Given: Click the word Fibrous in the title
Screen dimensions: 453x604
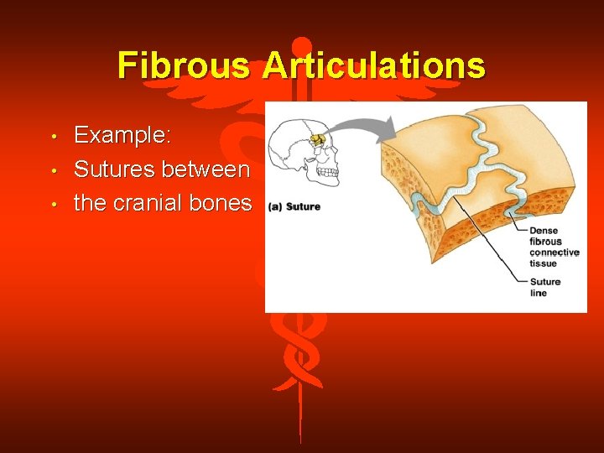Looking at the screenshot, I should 184,65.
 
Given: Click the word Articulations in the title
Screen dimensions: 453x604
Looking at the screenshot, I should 374,65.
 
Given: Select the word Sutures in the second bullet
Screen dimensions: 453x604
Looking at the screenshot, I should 114,169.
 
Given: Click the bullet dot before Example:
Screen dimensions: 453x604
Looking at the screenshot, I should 53,137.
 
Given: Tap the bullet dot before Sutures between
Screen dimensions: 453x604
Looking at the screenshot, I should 53,170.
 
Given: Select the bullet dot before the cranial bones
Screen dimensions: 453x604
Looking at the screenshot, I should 53,204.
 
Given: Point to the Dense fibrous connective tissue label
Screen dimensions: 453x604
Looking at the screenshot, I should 554,247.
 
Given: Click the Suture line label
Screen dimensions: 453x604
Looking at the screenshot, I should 544,288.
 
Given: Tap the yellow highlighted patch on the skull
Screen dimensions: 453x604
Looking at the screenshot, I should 317,139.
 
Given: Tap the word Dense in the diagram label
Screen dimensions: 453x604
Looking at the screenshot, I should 544,231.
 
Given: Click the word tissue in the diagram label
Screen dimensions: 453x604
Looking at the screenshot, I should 543,263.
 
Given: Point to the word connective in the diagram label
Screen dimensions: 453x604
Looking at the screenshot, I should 555,253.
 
